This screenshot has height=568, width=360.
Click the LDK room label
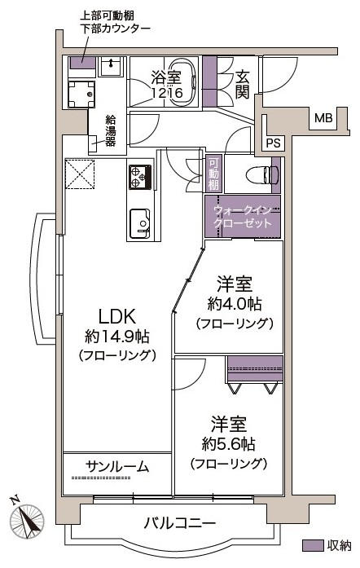[x=118, y=316]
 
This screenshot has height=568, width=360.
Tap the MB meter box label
[x=323, y=117]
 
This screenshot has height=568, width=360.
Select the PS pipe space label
[x=273, y=143]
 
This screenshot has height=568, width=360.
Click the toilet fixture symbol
[x=261, y=174]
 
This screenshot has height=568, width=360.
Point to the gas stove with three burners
[x=140, y=176]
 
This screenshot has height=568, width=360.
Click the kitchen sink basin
[x=140, y=223]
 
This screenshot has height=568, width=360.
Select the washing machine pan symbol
[x=81, y=95]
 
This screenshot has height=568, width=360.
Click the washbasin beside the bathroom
[x=111, y=66]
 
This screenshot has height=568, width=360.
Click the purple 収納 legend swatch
[x=313, y=545]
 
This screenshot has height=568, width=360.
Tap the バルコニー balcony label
[x=180, y=523]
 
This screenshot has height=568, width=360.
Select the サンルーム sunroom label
[x=118, y=467]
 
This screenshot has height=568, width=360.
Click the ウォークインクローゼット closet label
[x=243, y=216]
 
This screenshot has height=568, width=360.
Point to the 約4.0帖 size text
[x=235, y=304]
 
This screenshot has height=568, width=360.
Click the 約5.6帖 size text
[x=229, y=443]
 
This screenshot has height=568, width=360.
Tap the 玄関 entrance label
[x=242, y=85]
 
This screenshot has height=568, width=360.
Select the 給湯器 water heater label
[x=111, y=130]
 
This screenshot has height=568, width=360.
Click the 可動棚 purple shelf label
[x=213, y=174]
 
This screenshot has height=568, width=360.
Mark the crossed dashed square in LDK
[x=80, y=174]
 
